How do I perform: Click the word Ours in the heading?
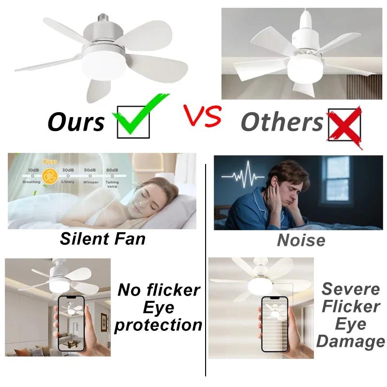pyautogui.click(x=76, y=121)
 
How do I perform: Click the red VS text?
pyautogui.click(x=202, y=117)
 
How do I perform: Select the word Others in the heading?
pyautogui.click(x=283, y=122)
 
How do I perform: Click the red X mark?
pyautogui.click(x=344, y=124)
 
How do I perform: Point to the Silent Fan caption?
pyautogui.click(x=103, y=238)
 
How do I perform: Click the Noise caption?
pyautogui.click(x=301, y=240)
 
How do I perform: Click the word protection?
pyautogui.click(x=158, y=325)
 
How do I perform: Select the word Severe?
pyautogui.click(x=351, y=289)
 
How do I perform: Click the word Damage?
pyautogui.click(x=351, y=342)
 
